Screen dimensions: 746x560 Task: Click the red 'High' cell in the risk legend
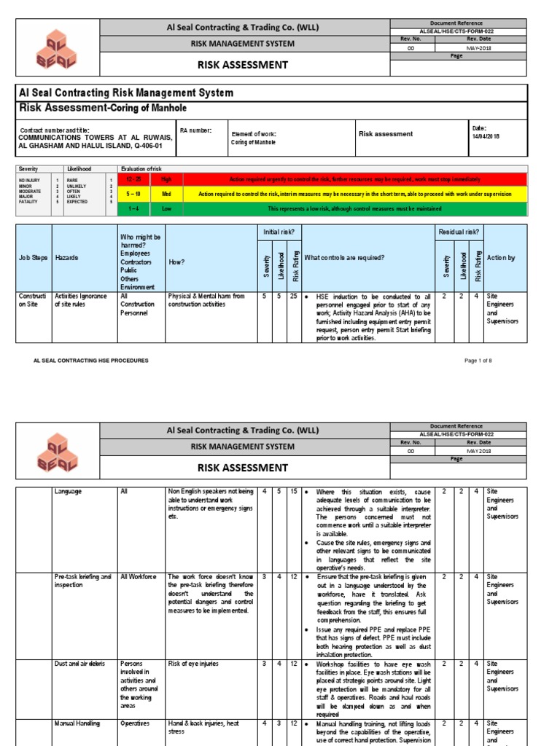[x=166, y=179]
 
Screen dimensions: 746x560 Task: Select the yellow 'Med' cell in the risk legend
[x=166, y=195]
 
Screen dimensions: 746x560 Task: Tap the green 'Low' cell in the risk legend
[x=166, y=209]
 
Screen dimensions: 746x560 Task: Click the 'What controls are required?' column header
[x=344, y=258]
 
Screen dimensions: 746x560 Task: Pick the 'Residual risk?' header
[x=459, y=232]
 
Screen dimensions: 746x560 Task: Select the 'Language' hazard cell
[x=68, y=492]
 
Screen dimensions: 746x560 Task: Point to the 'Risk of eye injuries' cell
[x=194, y=664]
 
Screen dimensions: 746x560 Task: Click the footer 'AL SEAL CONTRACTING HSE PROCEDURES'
[x=91, y=360]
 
